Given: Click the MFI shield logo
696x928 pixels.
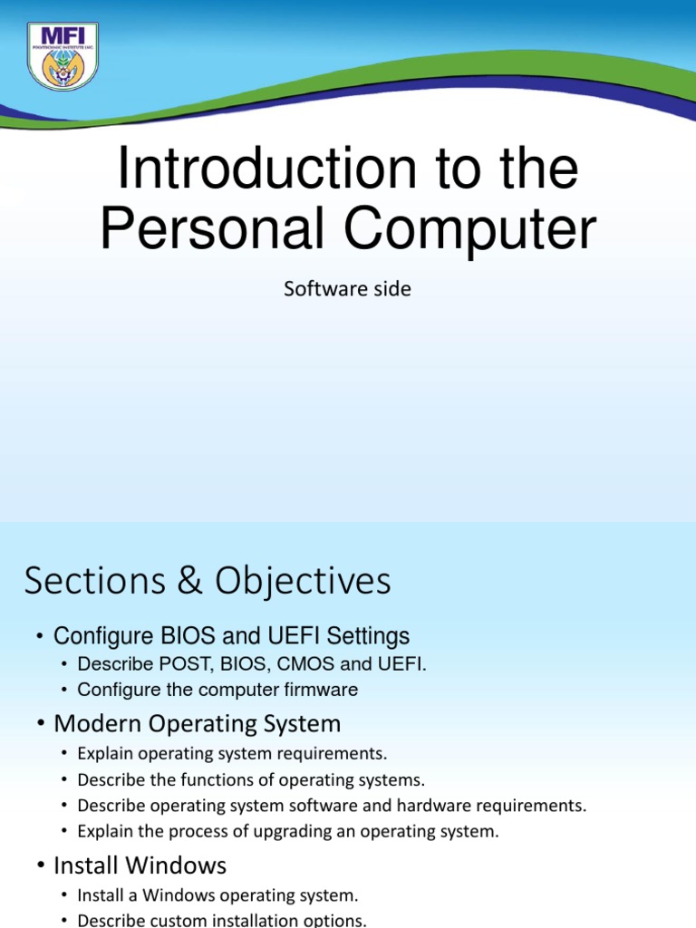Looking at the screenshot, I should (x=63, y=56).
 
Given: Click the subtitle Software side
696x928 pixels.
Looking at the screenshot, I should (x=347, y=289).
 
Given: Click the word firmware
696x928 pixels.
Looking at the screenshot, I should (x=323, y=690).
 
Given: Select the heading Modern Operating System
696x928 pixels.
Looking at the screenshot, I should (x=197, y=724).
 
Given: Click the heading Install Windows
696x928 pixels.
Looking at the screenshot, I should (x=140, y=865).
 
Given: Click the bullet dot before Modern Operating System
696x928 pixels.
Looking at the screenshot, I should (x=41, y=725).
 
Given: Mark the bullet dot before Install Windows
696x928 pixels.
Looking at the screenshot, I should (x=41, y=865).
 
